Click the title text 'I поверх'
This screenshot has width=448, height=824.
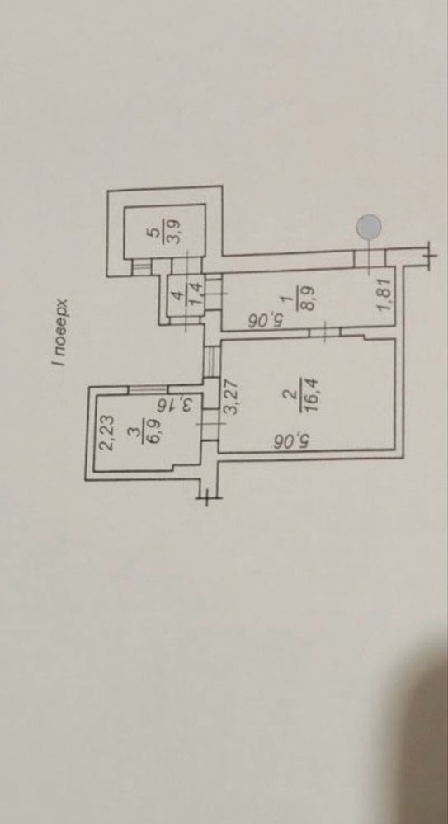(x=63, y=332)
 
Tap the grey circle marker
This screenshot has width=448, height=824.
(x=369, y=227)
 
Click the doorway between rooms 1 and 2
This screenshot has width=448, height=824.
(x=325, y=333)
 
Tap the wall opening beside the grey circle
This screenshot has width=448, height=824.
(x=370, y=258)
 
